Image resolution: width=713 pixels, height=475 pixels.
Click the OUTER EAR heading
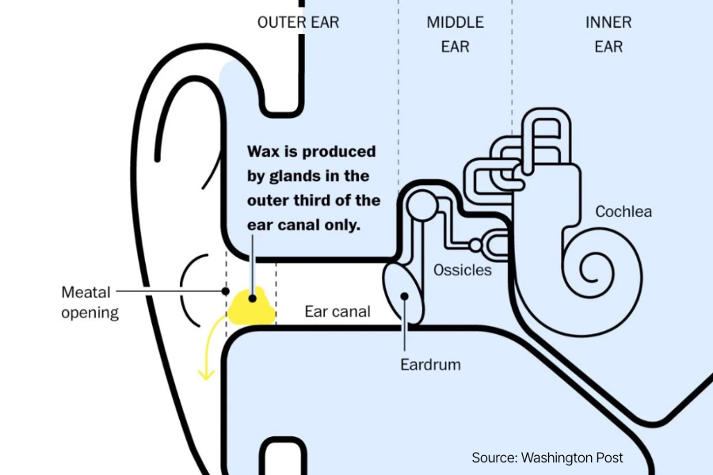298,22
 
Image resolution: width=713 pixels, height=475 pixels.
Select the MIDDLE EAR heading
455,34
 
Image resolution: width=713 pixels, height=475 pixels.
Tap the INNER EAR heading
608,34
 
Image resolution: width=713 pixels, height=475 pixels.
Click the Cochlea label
623,211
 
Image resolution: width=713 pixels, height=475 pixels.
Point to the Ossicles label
463,270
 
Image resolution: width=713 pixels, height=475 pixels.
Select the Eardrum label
430,365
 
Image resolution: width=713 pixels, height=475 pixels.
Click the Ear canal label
337,311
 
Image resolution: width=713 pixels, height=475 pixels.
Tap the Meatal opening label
90,302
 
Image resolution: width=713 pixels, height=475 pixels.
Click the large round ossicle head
421,207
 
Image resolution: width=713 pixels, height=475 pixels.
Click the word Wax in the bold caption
262,150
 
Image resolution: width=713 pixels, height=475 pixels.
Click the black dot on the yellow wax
253,298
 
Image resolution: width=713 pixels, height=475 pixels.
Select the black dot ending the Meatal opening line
226,291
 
